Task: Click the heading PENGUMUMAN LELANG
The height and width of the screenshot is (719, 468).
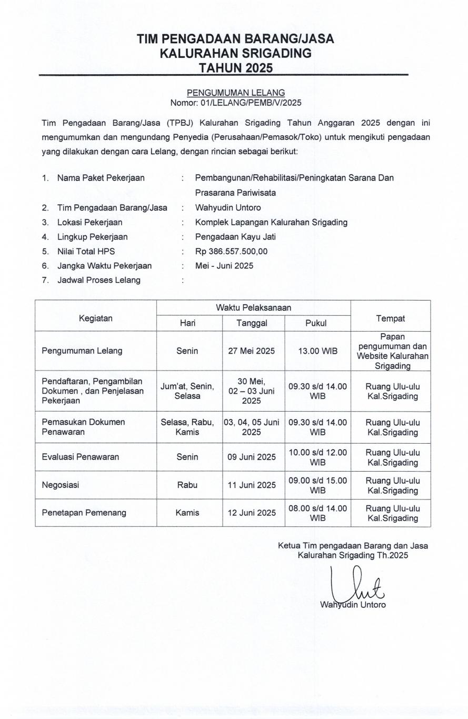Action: tap(235, 93)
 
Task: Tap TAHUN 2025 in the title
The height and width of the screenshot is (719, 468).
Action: tap(235, 67)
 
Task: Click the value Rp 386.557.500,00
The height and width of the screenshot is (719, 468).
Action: tap(231, 251)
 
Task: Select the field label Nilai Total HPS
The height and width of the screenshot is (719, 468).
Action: tap(86, 251)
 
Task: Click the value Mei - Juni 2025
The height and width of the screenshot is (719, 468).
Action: tap(224, 266)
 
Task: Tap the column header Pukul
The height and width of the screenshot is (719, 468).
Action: tap(316, 323)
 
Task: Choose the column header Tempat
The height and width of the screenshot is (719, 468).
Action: tap(390, 318)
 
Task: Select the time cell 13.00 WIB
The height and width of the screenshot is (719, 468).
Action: tap(317, 351)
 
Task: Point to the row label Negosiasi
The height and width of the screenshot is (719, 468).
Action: tap(61, 485)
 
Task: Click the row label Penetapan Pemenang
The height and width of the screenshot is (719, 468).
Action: tap(84, 513)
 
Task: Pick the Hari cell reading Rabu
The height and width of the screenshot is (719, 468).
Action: tap(187, 485)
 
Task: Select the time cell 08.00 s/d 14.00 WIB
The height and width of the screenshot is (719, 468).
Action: tap(317, 513)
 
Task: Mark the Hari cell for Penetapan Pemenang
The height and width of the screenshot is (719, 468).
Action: tap(187, 513)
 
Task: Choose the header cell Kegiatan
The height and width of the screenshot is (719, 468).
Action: tap(95, 318)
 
